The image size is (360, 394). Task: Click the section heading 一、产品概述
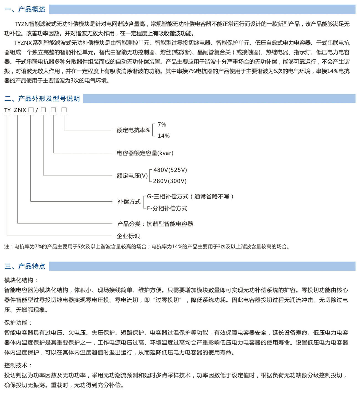pyautogui.click(x=25, y=9)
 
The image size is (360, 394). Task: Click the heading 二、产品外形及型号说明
pyautogui.click(x=42, y=98)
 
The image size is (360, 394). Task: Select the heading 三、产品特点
pyautogui.click(x=25, y=266)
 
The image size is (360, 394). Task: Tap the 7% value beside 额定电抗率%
pyautogui.click(x=162, y=125)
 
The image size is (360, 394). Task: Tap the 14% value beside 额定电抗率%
pyautogui.click(x=163, y=136)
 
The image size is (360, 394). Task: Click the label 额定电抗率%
pyautogui.click(x=133, y=130)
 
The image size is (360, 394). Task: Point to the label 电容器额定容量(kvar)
pyautogui.click(x=145, y=153)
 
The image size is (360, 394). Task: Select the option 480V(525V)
pyautogui.click(x=170, y=170)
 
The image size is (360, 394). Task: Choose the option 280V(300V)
pyautogui.click(x=170, y=181)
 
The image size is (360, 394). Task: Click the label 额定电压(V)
pyautogui.click(x=132, y=176)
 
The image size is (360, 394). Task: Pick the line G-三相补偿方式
pyautogui.click(x=190, y=196)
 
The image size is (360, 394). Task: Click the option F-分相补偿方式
pyautogui.click(x=167, y=208)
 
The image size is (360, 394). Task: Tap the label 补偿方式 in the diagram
pyautogui.click(x=129, y=202)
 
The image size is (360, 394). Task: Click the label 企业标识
pyautogui.click(x=128, y=236)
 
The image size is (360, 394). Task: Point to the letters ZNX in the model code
pyautogui.click(x=20, y=110)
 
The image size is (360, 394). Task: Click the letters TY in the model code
pyautogui.click(x=7, y=110)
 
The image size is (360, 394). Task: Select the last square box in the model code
pyautogui.click(x=64, y=110)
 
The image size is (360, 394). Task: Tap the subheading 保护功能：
pyautogui.click(x=18, y=323)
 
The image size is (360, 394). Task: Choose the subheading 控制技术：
pyautogui.click(x=18, y=365)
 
